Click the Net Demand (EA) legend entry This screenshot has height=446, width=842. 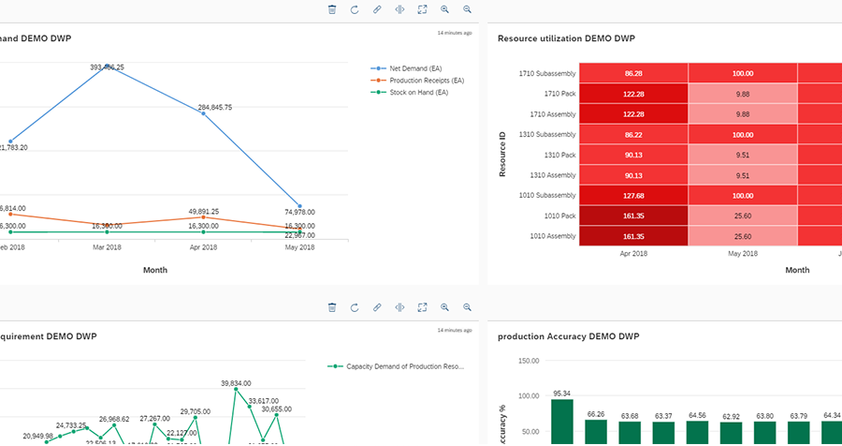coord(417,68)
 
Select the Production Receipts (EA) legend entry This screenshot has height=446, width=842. coord(426,81)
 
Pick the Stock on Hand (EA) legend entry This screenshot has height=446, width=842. coord(418,93)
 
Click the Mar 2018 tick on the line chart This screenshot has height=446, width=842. coord(107,247)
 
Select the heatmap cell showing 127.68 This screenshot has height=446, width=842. coord(633,196)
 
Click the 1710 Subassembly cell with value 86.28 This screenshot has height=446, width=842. coord(633,73)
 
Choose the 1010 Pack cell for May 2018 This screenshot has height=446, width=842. coord(743,216)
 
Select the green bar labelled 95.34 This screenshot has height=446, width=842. coord(562,421)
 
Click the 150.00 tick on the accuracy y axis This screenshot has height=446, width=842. coord(528,361)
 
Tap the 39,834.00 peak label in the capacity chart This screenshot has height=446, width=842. coord(238,383)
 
